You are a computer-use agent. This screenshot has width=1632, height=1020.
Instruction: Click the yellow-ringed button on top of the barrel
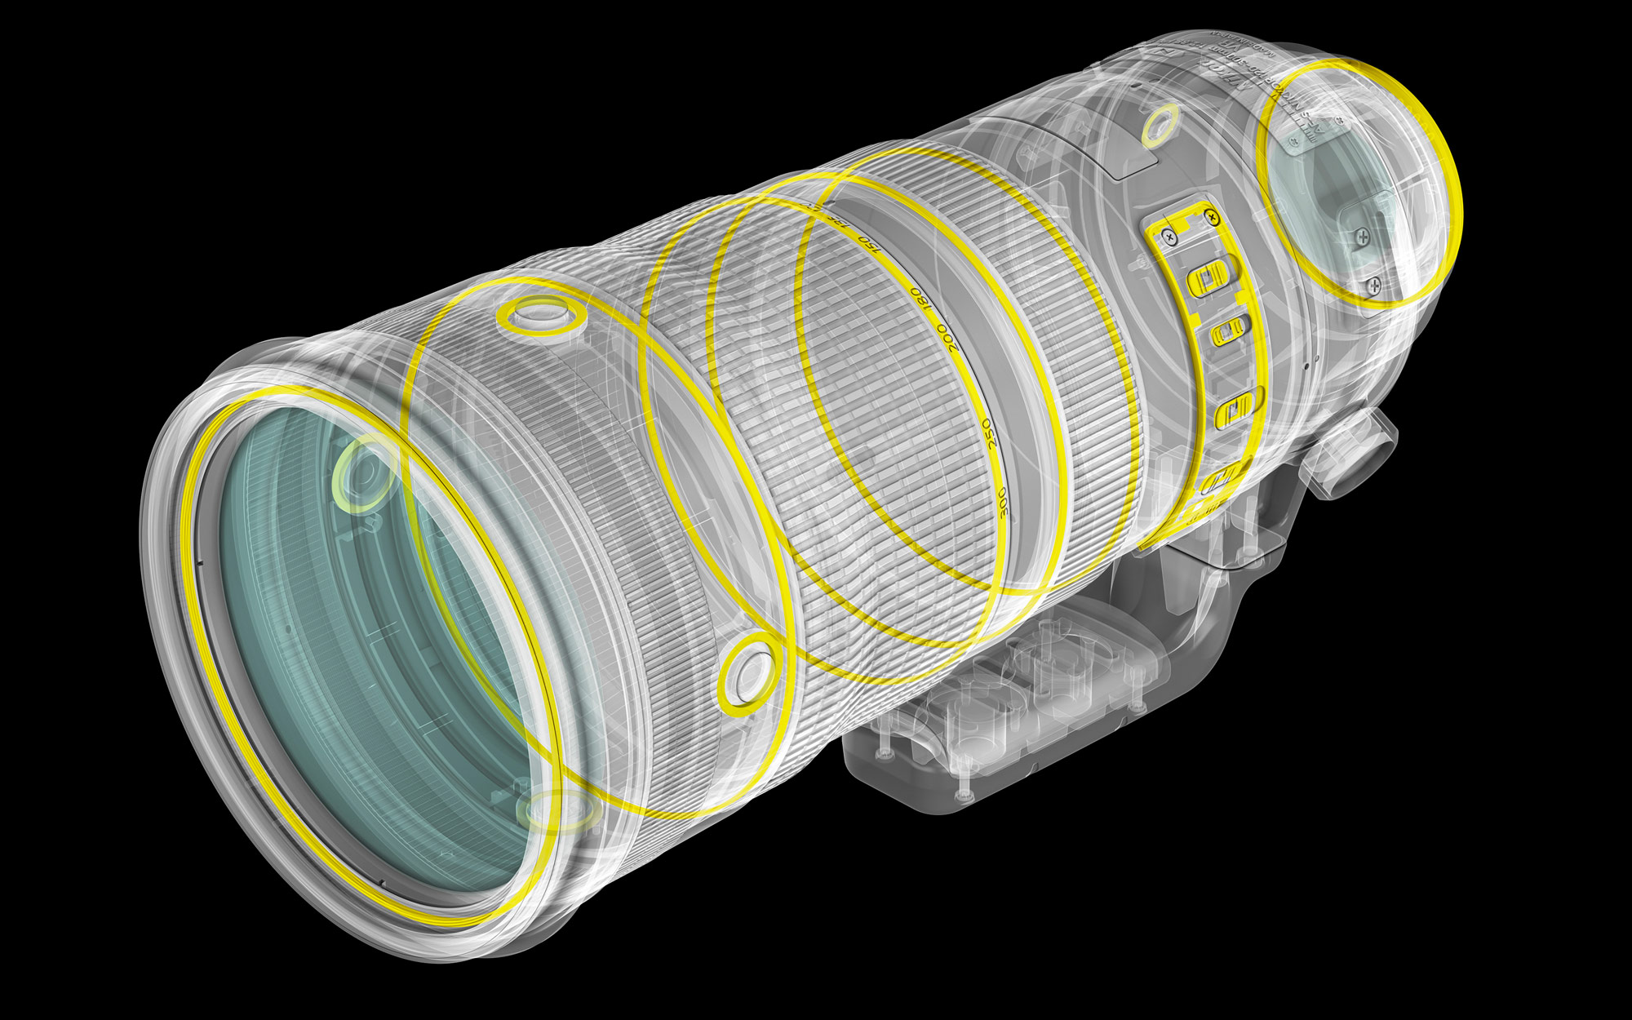click(543, 316)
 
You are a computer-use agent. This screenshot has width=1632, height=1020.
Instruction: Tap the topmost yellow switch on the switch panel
click(1209, 275)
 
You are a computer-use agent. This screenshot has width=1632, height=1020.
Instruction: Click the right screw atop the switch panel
click(1212, 217)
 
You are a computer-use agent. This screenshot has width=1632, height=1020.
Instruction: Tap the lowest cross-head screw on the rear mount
click(1374, 285)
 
